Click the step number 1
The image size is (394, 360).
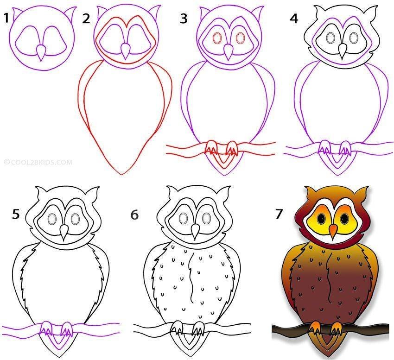click(6, 18)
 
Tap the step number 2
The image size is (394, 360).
click(86, 19)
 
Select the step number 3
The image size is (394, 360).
click(184, 19)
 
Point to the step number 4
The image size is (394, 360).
click(294, 19)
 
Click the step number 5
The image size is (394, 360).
click(16, 215)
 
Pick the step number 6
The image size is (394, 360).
click(134, 215)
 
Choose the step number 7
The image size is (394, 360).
click(279, 214)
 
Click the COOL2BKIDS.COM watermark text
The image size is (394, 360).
click(38, 162)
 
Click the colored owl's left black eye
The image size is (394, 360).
click(321, 219)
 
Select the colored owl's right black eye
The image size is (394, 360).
click(344, 218)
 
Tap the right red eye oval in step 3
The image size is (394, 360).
click(240, 38)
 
